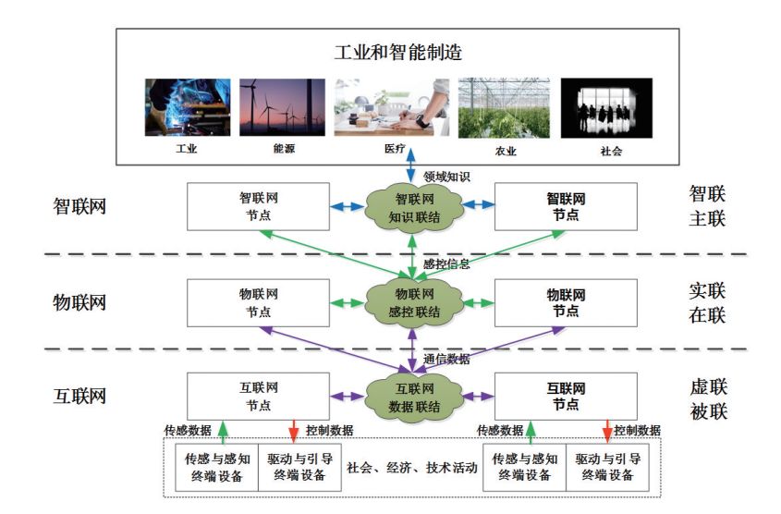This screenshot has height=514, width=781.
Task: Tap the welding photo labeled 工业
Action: point(187,107)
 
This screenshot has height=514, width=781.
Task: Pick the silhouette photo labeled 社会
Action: point(606,107)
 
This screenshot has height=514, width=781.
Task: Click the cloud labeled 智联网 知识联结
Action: point(411,207)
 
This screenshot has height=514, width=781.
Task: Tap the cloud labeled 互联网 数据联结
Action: point(411,397)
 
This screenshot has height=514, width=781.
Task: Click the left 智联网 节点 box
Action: point(258,206)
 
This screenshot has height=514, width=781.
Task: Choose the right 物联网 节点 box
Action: point(566,301)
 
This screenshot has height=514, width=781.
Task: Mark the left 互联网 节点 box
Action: point(258,396)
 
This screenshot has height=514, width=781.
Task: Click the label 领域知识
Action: point(447,175)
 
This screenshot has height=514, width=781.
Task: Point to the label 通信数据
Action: point(447,361)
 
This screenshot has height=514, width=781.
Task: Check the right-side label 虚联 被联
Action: point(708,398)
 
